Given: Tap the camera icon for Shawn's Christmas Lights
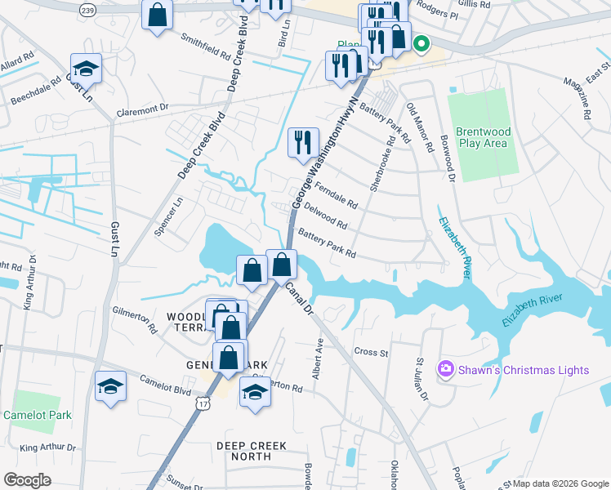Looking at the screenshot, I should pos(446,370).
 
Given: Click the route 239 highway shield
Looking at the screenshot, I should pos(88,8).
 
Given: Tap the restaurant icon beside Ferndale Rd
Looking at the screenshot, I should pos(303,142).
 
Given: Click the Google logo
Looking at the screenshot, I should pos(27,479).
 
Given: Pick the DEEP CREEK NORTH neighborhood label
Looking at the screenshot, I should pos(243,451).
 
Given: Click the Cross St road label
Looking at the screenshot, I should pos(370,352).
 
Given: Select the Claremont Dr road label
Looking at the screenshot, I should pos(141,107).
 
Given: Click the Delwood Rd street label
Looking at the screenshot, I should pos(325,216).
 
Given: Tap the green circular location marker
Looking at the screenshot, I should pos(421,44).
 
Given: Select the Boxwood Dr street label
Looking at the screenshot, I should pos(446,159).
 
